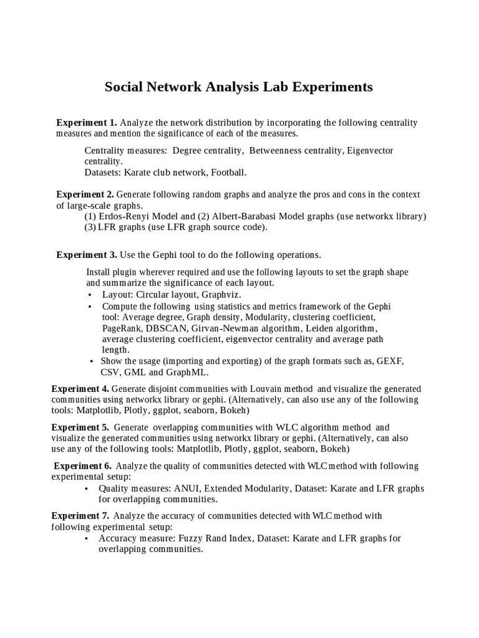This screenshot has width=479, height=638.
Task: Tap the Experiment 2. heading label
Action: point(85,194)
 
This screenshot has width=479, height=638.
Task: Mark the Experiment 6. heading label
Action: point(83,465)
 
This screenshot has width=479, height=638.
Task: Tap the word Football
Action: point(228,172)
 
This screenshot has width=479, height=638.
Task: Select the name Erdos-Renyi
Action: point(124,216)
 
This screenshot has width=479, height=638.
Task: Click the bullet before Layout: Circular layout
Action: point(90,295)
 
